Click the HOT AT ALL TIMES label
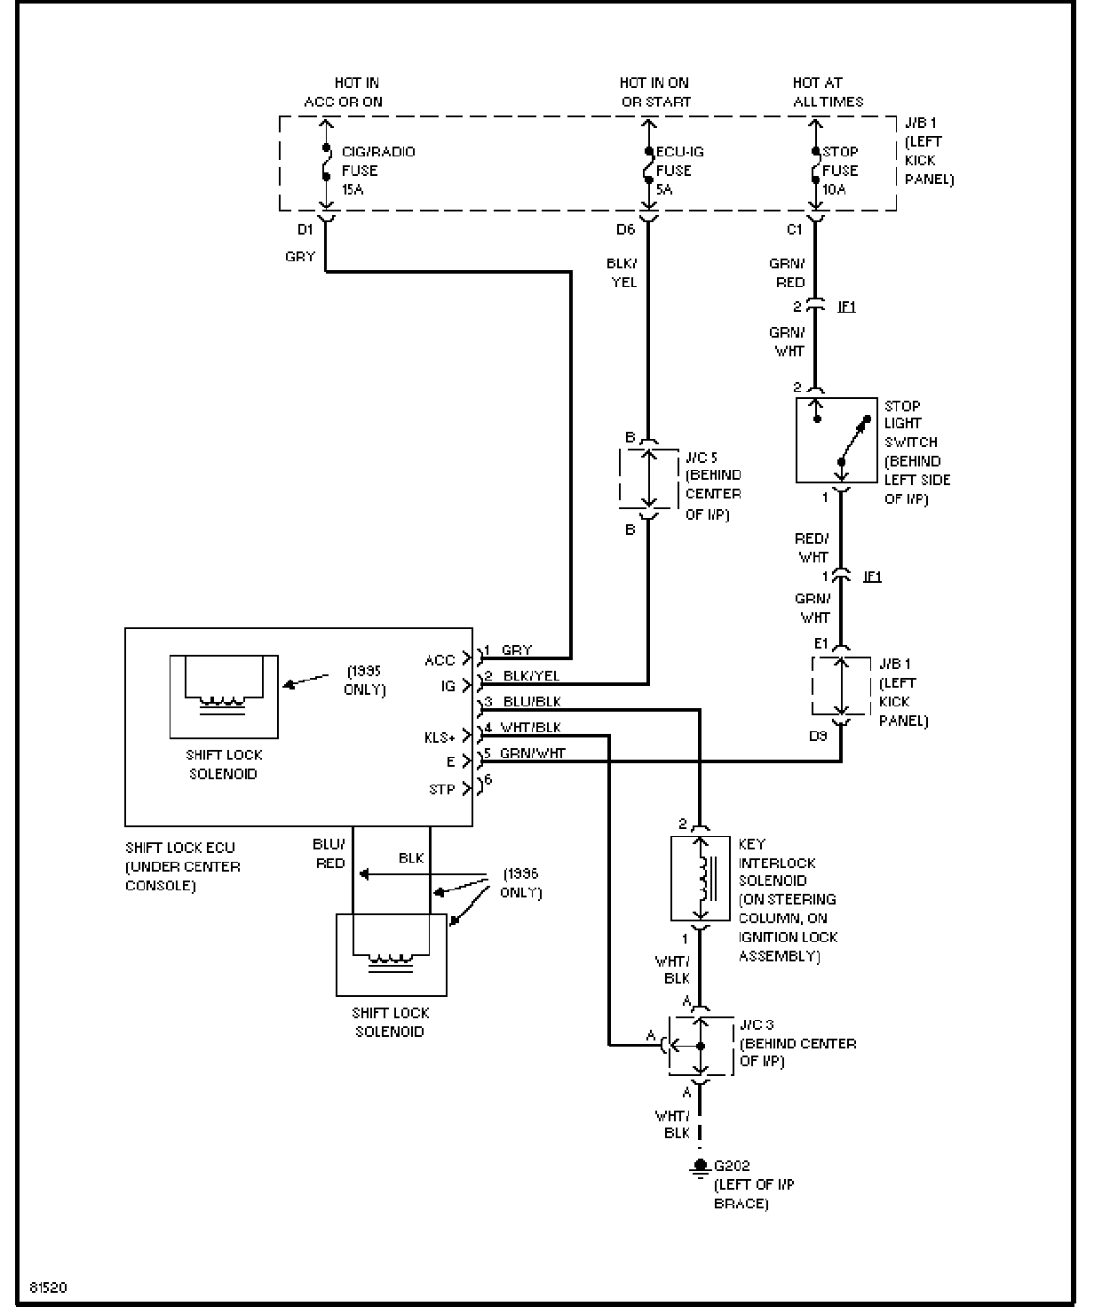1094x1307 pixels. coord(828,92)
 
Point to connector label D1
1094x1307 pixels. coord(305,229)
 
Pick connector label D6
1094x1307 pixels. coord(626,229)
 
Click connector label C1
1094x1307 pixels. coord(795,229)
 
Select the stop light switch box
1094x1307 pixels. coord(836,440)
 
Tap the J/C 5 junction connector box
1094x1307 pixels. coord(649,480)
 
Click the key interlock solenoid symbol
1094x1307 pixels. coord(700,878)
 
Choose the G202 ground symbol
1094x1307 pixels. coord(700,1167)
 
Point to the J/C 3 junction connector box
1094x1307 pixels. coord(700,1045)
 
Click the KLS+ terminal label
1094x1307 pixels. coord(440,737)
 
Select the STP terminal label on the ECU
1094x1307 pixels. coord(441,789)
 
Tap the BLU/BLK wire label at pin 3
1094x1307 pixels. coord(532,702)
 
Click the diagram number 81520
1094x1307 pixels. coord(49,1287)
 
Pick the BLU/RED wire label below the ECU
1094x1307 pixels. coord(329,853)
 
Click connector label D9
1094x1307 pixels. coord(818,736)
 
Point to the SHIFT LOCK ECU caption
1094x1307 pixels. coord(182,866)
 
